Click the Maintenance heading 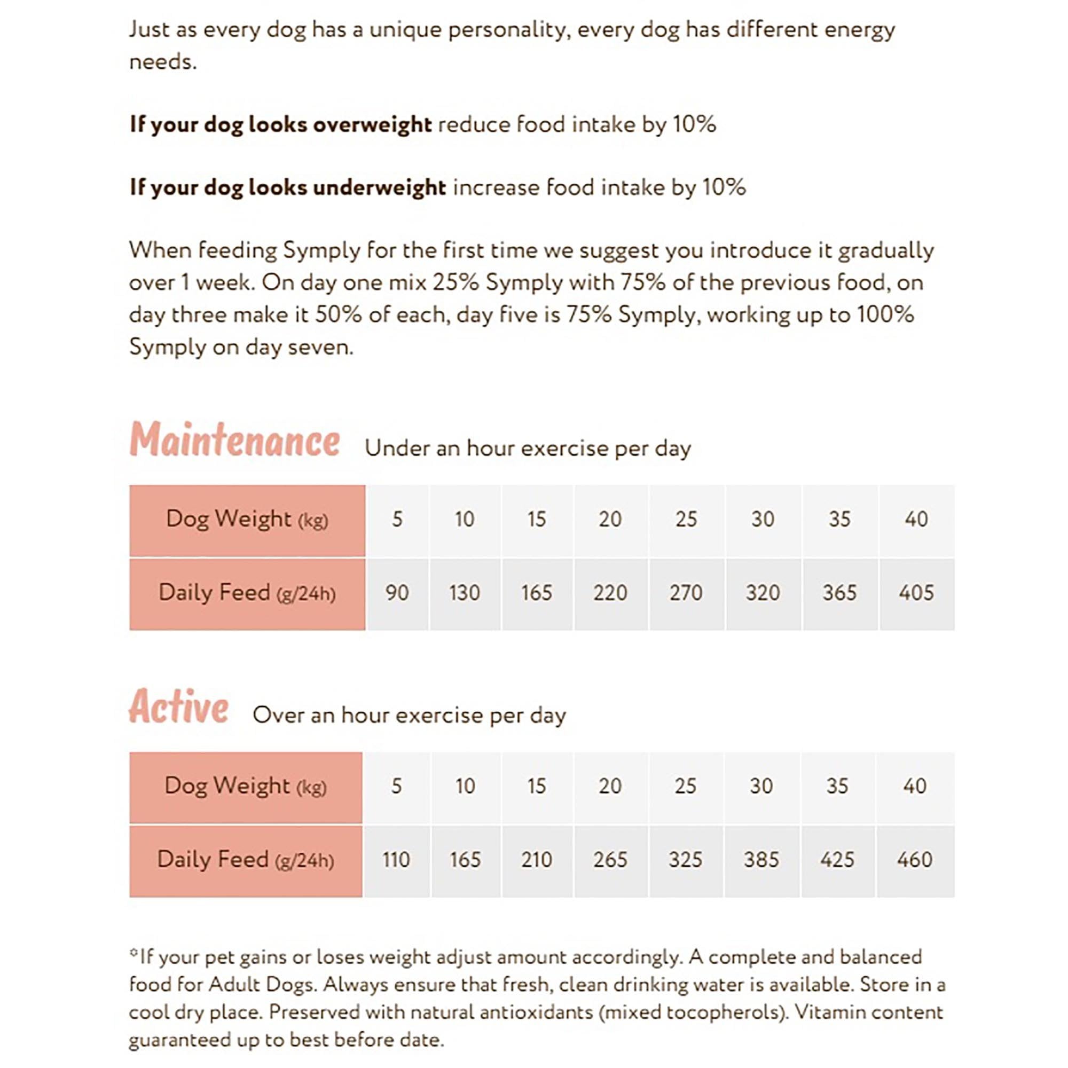pyautogui.click(x=235, y=440)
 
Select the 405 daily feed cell pyautogui.click(x=916, y=593)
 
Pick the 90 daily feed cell pyautogui.click(x=397, y=593)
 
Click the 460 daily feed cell pyautogui.click(x=914, y=860)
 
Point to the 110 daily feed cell pyautogui.click(x=396, y=860)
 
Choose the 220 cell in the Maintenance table pyautogui.click(x=610, y=593)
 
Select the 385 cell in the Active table pyautogui.click(x=761, y=860)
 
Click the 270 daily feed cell pyautogui.click(x=686, y=593)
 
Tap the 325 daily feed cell pyautogui.click(x=686, y=860)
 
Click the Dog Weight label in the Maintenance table pyautogui.click(x=247, y=520)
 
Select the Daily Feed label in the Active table pyautogui.click(x=246, y=860)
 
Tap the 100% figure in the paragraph pyautogui.click(x=885, y=315)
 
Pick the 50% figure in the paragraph pyautogui.click(x=339, y=315)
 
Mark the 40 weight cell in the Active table pyautogui.click(x=914, y=786)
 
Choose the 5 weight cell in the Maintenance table pyautogui.click(x=397, y=520)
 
